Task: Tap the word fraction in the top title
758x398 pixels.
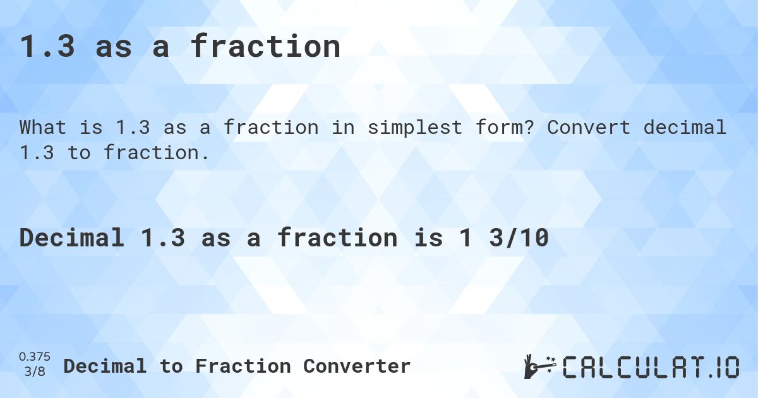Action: pos(265,47)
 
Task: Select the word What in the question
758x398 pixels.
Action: pos(43,128)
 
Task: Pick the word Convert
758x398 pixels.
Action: pos(589,128)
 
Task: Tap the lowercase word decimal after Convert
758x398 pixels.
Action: pos(685,128)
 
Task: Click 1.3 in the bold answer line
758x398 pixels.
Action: pos(162,238)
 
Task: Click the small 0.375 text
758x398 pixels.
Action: pos(35,358)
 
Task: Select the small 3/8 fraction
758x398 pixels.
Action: pos(35,372)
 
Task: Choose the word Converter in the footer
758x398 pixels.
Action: pos(357,366)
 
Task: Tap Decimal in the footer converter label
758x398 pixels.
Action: pos(105,366)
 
